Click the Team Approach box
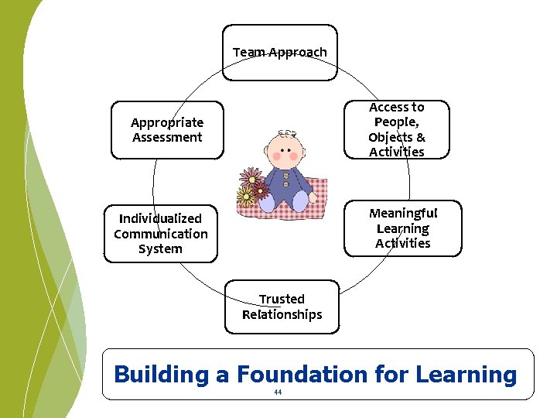(280, 52)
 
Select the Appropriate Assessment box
(167, 130)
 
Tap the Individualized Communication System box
(161, 234)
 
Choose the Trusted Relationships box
(282, 307)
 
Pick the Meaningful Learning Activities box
(402, 228)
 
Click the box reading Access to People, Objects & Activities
(396, 129)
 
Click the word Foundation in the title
(302, 375)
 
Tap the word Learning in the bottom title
(466, 375)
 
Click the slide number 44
(278, 392)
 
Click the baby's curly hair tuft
(287, 132)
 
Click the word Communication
(161, 234)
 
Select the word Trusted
(282, 299)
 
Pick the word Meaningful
(403, 213)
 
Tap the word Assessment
(167, 138)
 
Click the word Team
(249, 52)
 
